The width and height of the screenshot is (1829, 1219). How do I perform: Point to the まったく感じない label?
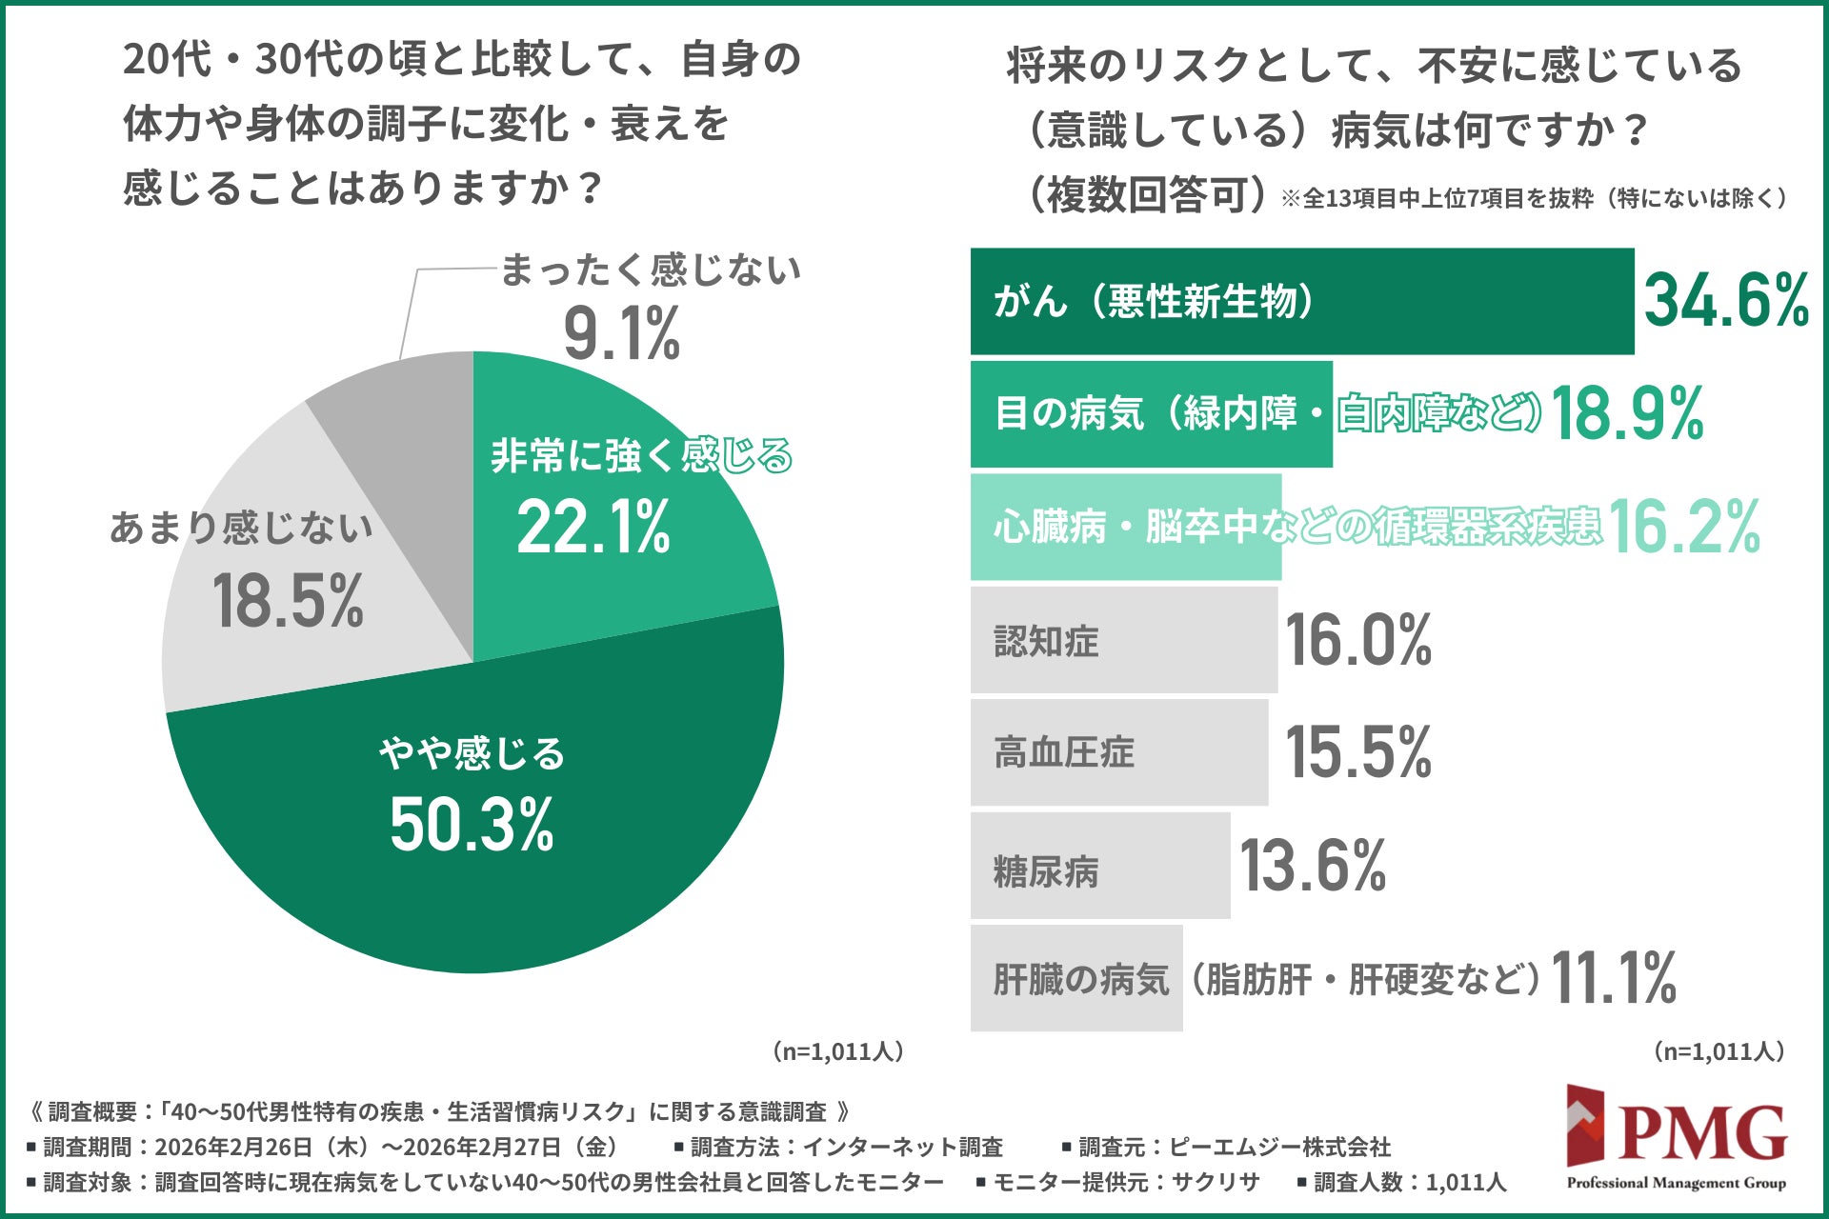651,270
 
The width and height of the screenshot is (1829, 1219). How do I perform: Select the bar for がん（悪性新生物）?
1301,302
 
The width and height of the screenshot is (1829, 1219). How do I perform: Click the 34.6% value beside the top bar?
1726,301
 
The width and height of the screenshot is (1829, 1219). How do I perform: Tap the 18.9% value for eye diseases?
1627,414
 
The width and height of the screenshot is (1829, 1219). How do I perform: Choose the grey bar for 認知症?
1123,640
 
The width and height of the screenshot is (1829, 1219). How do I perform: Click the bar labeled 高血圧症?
1118,752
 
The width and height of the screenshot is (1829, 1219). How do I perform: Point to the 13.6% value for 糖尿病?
1313,866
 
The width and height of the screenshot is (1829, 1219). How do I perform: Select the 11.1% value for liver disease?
1614,978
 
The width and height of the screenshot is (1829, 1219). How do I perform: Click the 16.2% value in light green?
1683,527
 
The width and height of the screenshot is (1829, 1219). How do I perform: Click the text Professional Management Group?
1677,1183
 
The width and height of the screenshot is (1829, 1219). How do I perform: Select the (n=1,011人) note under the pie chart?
837,1051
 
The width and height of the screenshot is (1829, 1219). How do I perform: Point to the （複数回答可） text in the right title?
1147,195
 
